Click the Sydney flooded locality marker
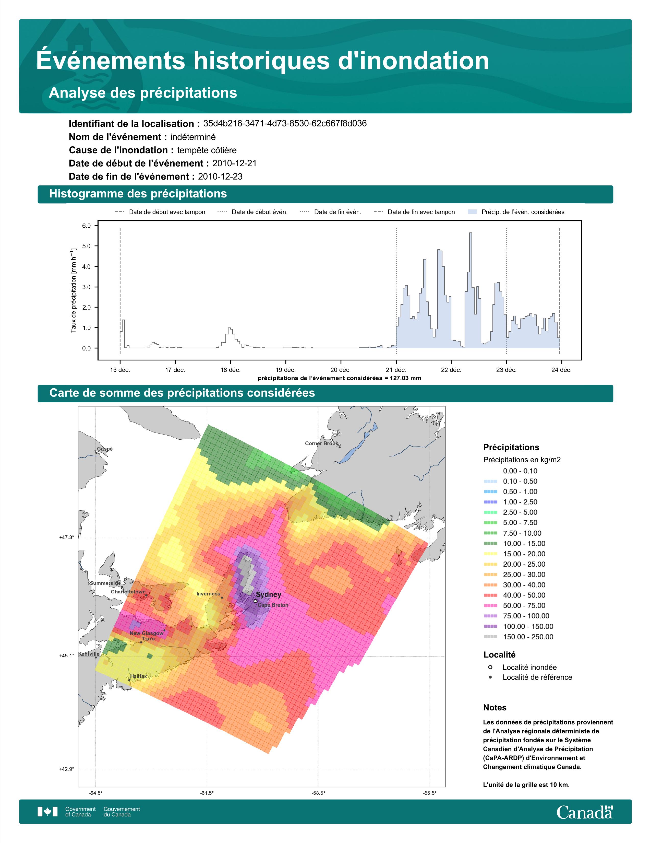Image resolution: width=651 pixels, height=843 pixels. point(255,601)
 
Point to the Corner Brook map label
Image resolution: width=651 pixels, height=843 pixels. point(322,443)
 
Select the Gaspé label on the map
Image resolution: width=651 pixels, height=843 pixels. point(105,449)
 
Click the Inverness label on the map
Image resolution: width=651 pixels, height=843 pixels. point(208,594)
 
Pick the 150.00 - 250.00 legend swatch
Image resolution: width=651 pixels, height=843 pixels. point(490,637)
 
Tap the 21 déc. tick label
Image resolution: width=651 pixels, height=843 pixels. point(396,370)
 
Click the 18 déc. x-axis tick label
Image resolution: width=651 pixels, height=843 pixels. point(231,370)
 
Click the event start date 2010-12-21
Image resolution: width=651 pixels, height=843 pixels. point(234,163)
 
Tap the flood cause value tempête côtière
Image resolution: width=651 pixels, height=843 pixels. point(207,150)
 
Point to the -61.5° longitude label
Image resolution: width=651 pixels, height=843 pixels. point(207,793)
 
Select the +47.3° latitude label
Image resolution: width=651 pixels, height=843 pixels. point(66,537)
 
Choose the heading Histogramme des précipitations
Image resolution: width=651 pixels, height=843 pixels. point(138,194)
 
